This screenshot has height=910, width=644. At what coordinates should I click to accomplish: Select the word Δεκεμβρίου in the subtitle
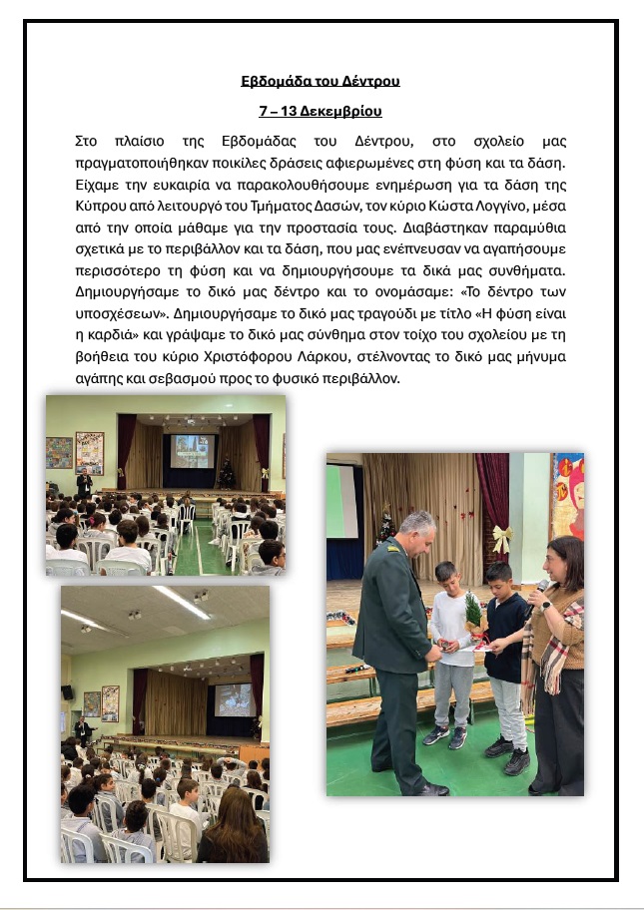click(343, 111)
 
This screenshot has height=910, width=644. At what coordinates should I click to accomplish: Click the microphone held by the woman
click(539, 588)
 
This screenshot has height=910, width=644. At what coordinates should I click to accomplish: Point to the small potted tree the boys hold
click(476, 610)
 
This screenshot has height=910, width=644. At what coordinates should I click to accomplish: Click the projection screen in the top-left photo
click(192, 451)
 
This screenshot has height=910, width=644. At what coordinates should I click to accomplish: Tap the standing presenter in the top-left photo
click(85, 482)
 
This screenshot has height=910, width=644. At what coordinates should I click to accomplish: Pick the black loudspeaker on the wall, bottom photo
click(68, 690)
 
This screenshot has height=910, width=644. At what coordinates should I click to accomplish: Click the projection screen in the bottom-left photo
click(234, 698)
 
